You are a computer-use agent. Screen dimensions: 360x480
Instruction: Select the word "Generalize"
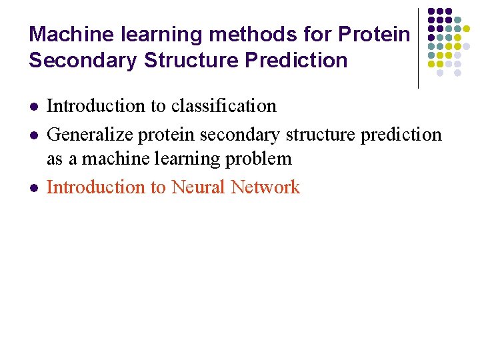[x=91, y=135]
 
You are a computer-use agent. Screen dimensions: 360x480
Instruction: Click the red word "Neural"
[x=198, y=187]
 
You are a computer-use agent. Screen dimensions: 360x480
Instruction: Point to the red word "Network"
[x=265, y=187]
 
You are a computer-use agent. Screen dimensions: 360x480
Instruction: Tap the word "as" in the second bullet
[x=55, y=159]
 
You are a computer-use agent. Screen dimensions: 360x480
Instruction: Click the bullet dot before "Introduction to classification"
[x=33, y=107]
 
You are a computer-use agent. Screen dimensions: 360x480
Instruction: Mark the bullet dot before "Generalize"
[x=33, y=135]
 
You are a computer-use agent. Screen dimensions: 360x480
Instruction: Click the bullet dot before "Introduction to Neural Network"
[x=33, y=188]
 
